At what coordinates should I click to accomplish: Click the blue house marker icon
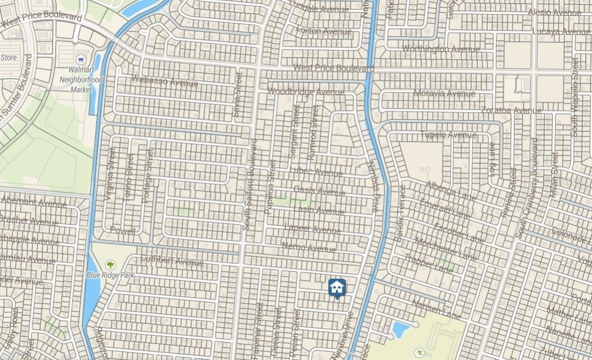point(337,288)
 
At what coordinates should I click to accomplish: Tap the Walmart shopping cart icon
point(80,60)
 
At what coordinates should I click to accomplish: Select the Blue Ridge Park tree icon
point(110,265)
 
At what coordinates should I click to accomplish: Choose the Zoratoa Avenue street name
point(511,110)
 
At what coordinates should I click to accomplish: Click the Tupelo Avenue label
point(448,135)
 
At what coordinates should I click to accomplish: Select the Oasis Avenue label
point(319,191)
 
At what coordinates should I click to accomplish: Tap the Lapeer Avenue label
point(312,229)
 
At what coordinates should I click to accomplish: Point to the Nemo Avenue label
point(309,248)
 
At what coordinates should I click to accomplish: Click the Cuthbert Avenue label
point(172,260)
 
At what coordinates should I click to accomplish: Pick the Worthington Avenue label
point(441,48)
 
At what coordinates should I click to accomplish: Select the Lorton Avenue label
point(324,30)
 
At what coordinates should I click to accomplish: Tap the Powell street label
point(123,231)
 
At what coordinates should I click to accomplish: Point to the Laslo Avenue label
point(319,210)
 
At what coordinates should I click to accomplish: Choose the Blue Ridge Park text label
point(110,276)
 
